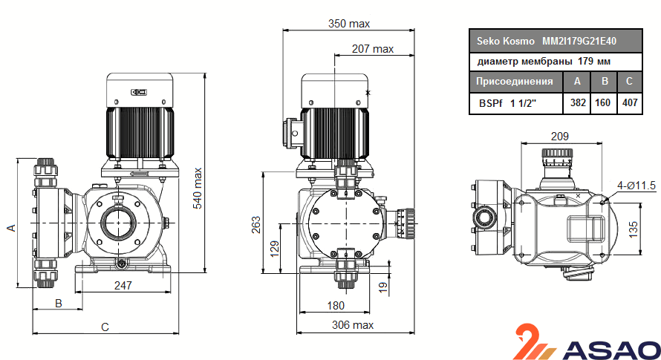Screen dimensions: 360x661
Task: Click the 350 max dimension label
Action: point(349,24)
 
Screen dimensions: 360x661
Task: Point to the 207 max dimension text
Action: point(372,49)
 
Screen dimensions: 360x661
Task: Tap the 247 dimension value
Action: point(123,284)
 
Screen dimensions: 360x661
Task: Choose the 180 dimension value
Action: point(336,305)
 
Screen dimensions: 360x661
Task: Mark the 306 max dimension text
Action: point(353,325)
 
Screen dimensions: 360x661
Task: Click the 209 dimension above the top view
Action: point(559,136)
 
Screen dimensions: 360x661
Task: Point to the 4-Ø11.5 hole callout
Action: point(635,185)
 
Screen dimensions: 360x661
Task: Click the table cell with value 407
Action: point(630,102)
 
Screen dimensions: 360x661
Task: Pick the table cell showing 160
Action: point(604,102)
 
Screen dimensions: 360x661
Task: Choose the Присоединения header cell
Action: point(515,82)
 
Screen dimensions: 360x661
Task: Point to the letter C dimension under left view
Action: point(105,326)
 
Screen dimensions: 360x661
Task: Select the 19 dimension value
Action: point(383,287)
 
